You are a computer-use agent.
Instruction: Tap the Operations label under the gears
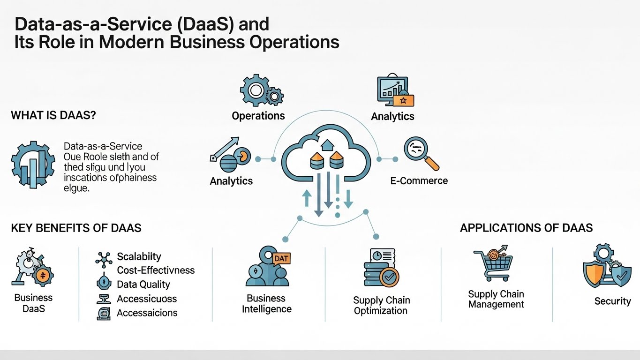(x=258, y=115)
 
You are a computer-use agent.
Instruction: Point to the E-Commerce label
(x=419, y=180)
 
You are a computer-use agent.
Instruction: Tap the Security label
(x=612, y=301)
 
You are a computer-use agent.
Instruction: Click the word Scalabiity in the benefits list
(x=139, y=256)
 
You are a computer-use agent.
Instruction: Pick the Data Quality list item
(x=143, y=284)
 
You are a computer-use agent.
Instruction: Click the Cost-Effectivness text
(x=156, y=270)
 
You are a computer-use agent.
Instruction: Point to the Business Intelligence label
(x=266, y=303)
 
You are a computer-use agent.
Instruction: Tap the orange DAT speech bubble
(x=280, y=258)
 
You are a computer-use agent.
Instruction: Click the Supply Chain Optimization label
(x=381, y=305)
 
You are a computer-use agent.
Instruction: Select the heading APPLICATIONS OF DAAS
(x=526, y=228)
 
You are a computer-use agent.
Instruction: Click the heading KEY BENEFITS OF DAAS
(x=76, y=228)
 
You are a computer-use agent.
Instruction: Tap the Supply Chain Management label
(x=496, y=299)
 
